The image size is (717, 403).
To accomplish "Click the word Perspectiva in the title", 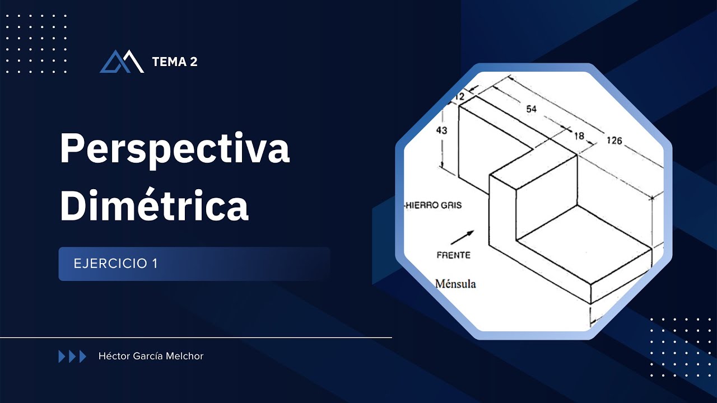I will click(174, 149).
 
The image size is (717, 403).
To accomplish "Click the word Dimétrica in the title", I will click(154, 205).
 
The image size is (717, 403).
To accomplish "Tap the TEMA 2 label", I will click(174, 62).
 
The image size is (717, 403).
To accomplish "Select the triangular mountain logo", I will click(122, 62).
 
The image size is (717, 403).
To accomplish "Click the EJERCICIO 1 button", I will click(194, 264).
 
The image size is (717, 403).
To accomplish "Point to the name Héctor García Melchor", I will click(151, 356).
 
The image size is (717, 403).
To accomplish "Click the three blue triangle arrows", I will click(72, 357).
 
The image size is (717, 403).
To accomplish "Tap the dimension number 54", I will click(531, 109).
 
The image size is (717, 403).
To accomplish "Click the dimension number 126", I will click(614, 140).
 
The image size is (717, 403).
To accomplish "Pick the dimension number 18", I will click(579, 135).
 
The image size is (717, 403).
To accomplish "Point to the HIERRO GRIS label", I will click(434, 205).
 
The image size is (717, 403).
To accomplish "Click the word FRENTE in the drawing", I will click(453, 255).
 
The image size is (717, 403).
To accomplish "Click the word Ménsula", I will click(455, 284).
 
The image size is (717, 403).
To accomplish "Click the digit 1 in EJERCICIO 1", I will click(154, 264).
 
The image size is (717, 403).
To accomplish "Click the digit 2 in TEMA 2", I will click(193, 62).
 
